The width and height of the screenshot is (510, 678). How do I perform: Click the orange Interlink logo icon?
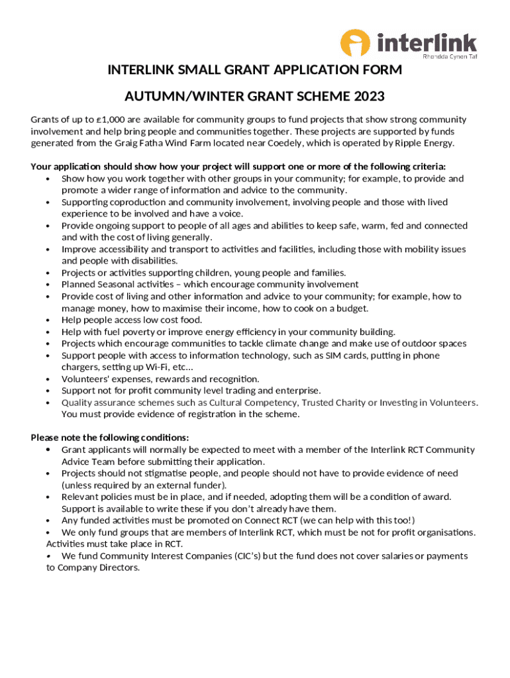click(355, 44)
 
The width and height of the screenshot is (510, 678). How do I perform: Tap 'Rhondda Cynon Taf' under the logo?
click(450, 58)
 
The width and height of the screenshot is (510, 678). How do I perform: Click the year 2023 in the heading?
click(369, 97)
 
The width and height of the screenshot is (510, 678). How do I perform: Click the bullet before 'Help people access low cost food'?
click(47, 320)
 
